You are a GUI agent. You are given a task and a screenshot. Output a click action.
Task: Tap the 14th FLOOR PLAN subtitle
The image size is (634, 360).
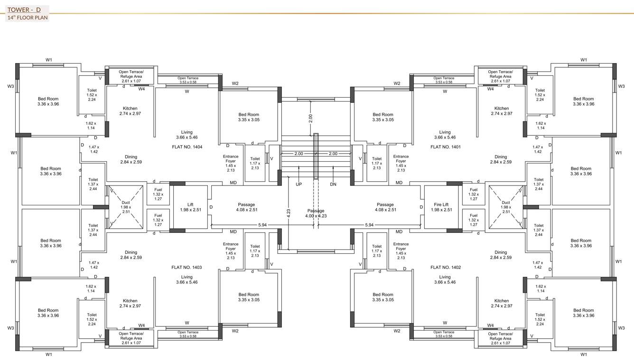[x=28, y=18]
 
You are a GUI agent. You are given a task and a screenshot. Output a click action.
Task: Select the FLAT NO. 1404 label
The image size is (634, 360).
[x=187, y=147]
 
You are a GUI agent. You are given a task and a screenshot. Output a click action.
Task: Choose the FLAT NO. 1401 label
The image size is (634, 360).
[x=445, y=147]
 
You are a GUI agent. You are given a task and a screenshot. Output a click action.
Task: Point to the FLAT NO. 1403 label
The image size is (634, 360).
[x=187, y=268]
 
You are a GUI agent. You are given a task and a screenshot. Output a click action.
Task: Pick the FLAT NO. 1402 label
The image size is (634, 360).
[x=445, y=268]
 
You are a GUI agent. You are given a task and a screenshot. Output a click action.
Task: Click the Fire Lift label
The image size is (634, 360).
[x=440, y=205]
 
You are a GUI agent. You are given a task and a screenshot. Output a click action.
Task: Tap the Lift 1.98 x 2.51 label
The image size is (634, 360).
[x=190, y=207]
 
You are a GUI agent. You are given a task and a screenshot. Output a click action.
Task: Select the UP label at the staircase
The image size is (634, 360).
[x=298, y=184]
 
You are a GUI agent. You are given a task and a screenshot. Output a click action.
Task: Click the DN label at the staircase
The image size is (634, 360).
[x=333, y=184]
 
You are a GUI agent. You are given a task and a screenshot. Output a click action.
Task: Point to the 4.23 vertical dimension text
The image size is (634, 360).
[x=288, y=213]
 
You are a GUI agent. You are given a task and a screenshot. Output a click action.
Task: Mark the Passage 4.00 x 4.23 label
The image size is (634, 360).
[x=316, y=213]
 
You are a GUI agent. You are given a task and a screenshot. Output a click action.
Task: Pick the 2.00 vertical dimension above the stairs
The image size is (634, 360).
[x=311, y=119]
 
